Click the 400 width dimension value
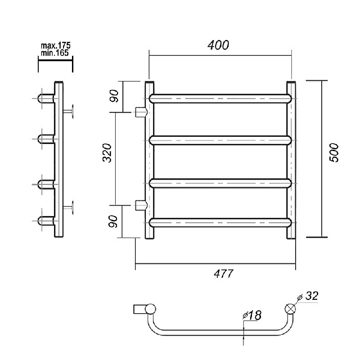[x=218, y=45]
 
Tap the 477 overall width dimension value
[x=223, y=274]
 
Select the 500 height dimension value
[x=334, y=153]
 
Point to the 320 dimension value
[x=107, y=153]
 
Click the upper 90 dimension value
[x=114, y=96]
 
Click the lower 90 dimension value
[x=113, y=221]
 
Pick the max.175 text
[x=55, y=45]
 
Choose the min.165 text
[x=54, y=53]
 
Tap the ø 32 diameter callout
[x=308, y=296]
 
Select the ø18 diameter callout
[x=252, y=315]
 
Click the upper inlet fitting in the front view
[x=141, y=112]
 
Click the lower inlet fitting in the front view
[x=141, y=205]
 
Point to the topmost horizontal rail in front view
[x=220, y=99]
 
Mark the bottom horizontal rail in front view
[x=220, y=223]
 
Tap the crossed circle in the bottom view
[x=290, y=309]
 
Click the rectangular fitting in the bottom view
[x=139, y=309]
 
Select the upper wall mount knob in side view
[x=68, y=112]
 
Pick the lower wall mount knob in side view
[x=68, y=207]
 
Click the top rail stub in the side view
[x=46, y=99]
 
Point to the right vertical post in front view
[x=291, y=160]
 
